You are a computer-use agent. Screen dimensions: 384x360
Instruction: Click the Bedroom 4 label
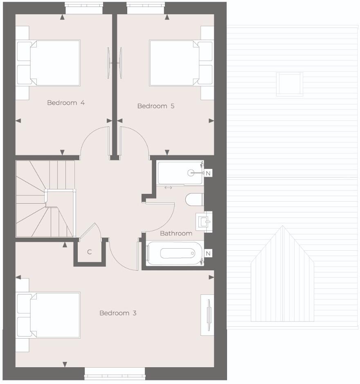(66, 103)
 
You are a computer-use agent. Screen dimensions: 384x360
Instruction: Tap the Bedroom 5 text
(156, 106)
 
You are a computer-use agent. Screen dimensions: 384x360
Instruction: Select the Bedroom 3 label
(118, 313)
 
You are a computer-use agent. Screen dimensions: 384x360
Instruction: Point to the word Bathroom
(176, 234)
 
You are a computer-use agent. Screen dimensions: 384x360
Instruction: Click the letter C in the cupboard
(89, 252)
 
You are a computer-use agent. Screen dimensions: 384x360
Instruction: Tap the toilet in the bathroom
(194, 200)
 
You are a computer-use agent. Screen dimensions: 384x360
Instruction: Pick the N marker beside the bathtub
(208, 254)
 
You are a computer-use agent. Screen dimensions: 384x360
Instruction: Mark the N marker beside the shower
(208, 173)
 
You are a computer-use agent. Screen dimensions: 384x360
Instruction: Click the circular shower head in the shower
(191, 173)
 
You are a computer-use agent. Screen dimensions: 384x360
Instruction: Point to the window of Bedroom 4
(84, 8)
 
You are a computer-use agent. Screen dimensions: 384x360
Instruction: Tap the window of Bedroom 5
(146, 8)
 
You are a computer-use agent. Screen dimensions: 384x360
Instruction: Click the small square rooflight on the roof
(290, 83)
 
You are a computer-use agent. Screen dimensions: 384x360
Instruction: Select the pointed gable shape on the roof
(282, 274)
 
